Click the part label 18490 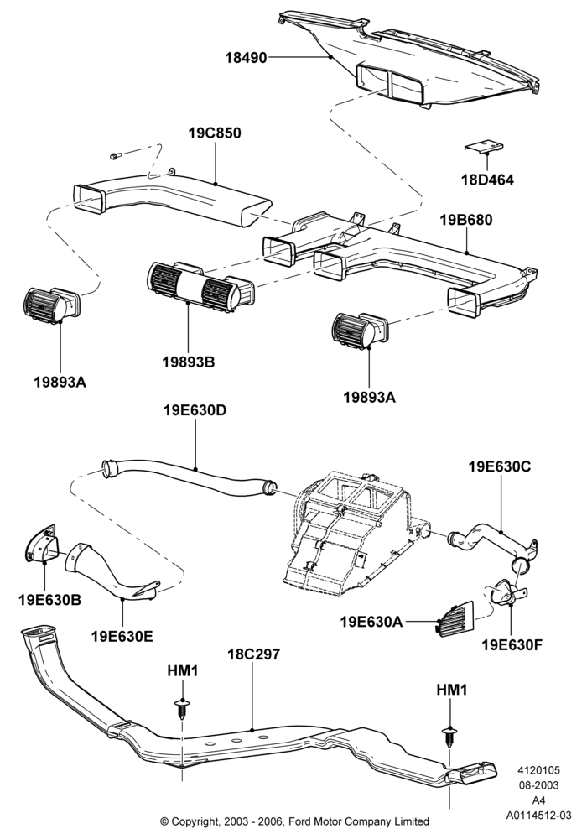click(x=246, y=58)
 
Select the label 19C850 click(x=215, y=133)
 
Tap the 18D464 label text click(x=487, y=180)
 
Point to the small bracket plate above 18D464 click(x=485, y=146)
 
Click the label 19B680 click(x=466, y=220)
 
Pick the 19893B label click(x=188, y=362)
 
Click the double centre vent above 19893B click(x=200, y=287)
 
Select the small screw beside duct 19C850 click(x=115, y=155)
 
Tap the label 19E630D click(x=195, y=410)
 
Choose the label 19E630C click(x=500, y=466)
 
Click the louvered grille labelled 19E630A click(x=455, y=619)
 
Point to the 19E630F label click(x=512, y=644)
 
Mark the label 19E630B click(x=49, y=600)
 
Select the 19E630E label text click(x=122, y=636)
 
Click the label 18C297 click(x=253, y=654)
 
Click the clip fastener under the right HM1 click(x=450, y=737)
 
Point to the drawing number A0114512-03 click(x=539, y=816)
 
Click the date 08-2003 click(x=539, y=785)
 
